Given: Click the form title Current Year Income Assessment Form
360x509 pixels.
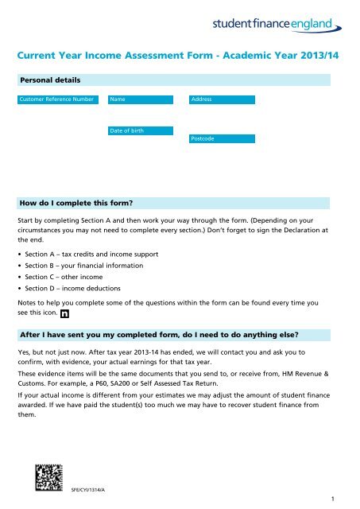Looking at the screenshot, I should click(180, 56).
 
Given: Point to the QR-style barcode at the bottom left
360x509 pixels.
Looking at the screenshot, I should click(49, 477).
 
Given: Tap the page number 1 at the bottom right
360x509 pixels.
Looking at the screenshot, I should click(339, 499).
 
